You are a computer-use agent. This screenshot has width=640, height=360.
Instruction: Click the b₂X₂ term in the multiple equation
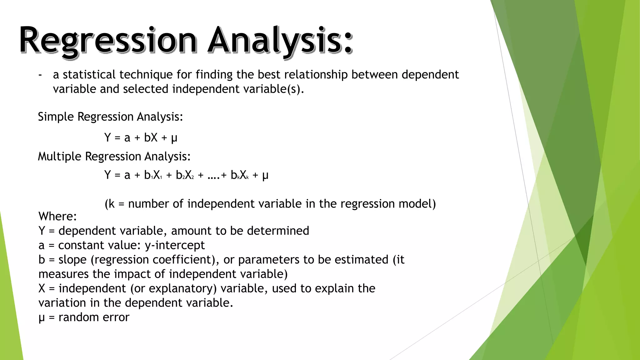click(185, 175)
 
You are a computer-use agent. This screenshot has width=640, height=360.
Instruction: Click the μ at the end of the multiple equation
click(265, 176)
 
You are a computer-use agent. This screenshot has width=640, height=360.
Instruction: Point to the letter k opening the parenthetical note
click(112, 204)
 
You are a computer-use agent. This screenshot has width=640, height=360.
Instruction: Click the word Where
click(57, 216)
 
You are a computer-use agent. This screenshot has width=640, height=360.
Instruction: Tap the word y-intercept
click(175, 245)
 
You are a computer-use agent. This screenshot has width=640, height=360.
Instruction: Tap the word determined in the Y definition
click(278, 231)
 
